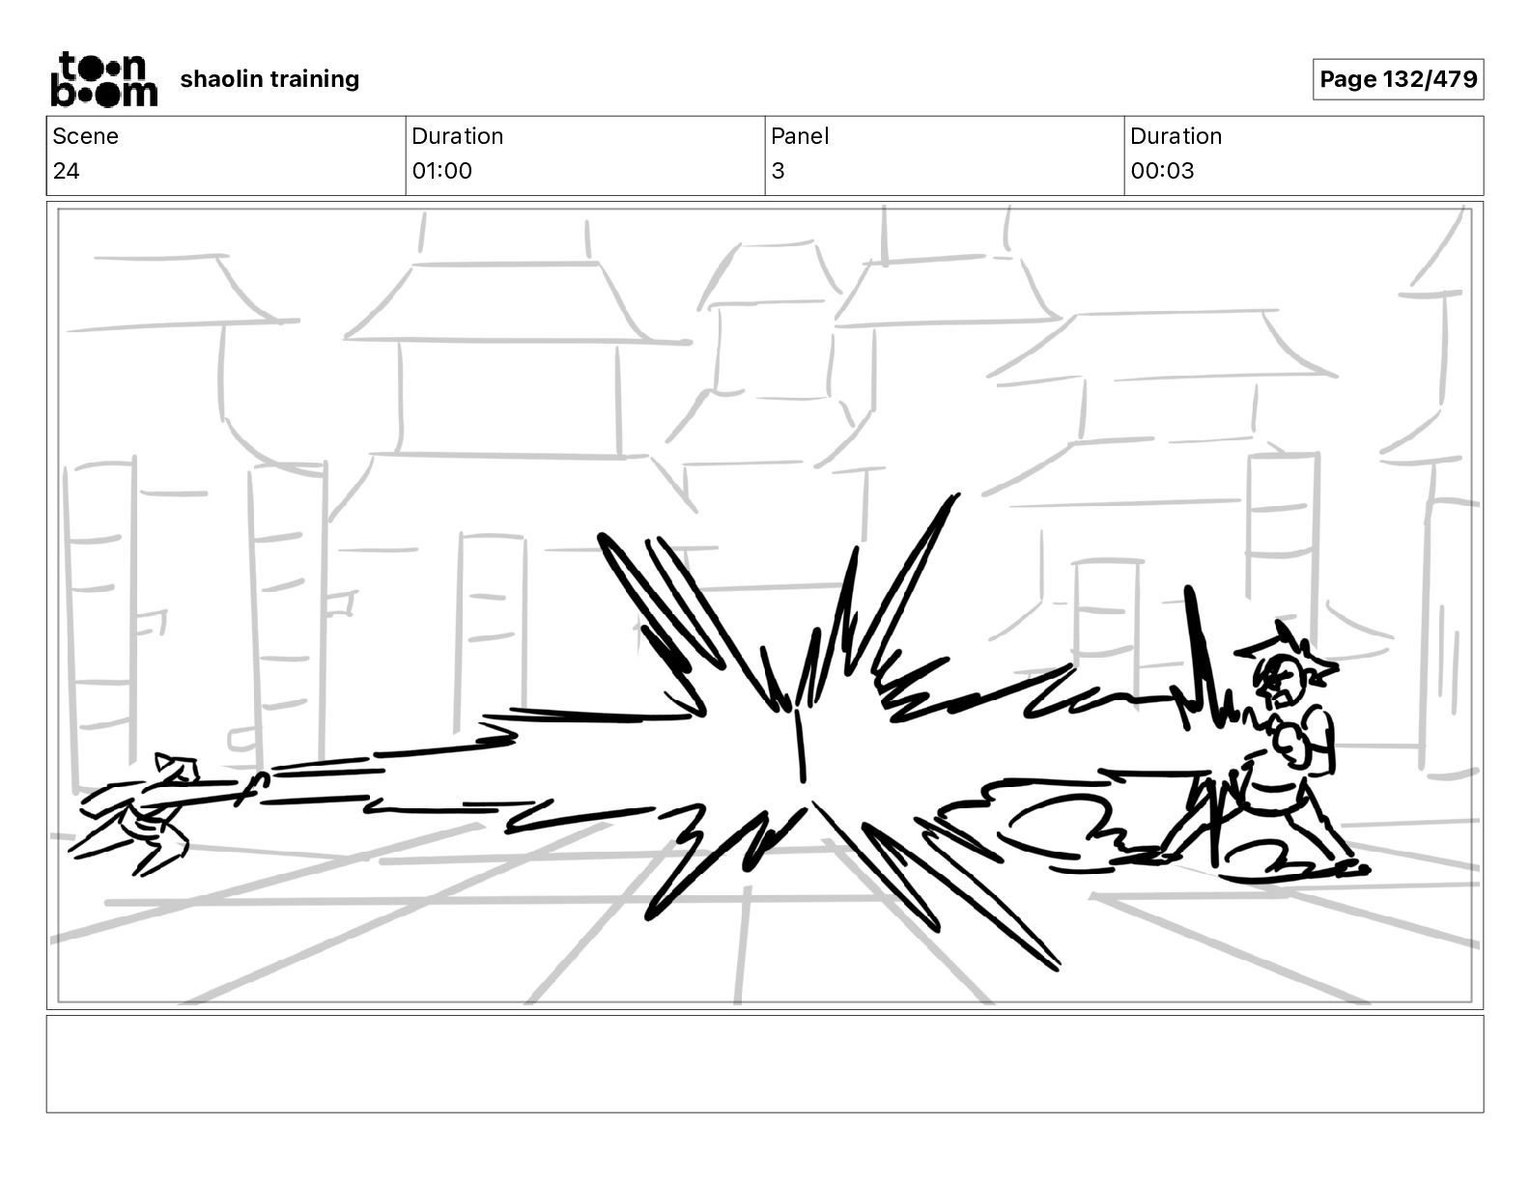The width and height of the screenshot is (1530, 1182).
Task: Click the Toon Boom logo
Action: pos(104,79)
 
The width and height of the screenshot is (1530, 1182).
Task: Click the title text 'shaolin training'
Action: pos(269,79)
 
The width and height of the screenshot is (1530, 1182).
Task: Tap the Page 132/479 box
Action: pos(1398,79)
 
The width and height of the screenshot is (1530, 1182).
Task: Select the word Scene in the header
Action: pos(85,136)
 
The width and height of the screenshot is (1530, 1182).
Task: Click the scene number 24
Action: pos(67,170)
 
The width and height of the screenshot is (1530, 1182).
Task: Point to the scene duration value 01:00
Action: pos(442,170)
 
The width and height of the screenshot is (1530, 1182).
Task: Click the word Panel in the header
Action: pos(800,136)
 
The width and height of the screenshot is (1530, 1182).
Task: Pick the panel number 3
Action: pos(778,170)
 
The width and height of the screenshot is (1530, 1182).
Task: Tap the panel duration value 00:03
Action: pos(1162,170)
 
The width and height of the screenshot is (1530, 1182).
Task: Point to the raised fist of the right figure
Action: pos(1292,746)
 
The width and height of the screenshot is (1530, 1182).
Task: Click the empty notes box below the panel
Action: pos(765,1064)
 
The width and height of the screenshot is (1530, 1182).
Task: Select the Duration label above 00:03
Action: pos(1176,136)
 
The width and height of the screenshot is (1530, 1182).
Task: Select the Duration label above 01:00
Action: pos(458,136)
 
